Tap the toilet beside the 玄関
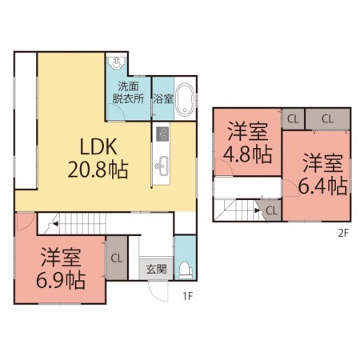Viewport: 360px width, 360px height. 185,270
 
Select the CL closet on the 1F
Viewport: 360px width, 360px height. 116,258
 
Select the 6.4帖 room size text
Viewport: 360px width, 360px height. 322,186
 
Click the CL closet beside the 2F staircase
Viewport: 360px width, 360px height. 271,210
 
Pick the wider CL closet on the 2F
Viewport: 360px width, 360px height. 327,118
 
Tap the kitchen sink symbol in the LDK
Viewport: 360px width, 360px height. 162,166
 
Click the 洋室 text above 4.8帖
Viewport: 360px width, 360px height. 246,130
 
